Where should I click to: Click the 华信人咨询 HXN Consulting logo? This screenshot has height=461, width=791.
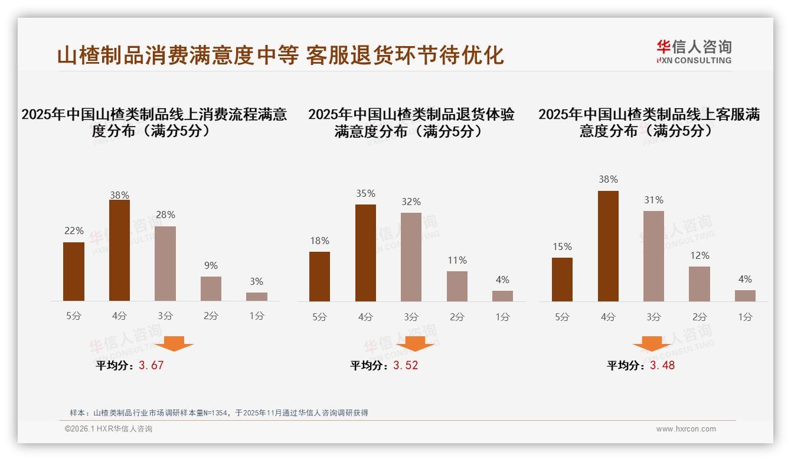[x=694, y=51]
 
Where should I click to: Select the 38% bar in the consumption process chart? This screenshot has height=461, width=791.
[x=119, y=250]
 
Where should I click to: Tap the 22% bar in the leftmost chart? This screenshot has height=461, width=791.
[x=74, y=271]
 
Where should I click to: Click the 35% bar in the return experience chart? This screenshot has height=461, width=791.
[x=365, y=252]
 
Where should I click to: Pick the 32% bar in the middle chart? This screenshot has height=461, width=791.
[x=411, y=257]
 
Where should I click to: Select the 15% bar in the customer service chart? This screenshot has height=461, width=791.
[x=562, y=279]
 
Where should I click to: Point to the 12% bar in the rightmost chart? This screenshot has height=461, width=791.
[x=700, y=284]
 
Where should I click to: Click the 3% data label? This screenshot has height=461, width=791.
[x=256, y=282]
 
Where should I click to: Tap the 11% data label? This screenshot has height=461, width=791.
[x=457, y=260]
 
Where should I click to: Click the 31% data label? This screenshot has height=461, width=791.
[x=653, y=200]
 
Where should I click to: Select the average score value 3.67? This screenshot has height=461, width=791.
[x=151, y=365]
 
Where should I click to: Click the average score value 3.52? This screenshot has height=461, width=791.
[x=406, y=365]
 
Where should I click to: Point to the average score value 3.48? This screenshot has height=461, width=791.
[x=662, y=365]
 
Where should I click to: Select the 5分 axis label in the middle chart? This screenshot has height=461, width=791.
[x=319, y=317]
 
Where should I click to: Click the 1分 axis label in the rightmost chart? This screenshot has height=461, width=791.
[x=745, y=317]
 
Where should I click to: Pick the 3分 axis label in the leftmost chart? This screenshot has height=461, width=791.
[x=165, y=316]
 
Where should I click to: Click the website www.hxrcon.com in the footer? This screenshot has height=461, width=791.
[x=686, y=429]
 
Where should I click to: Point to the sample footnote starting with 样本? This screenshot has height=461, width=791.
[x=218, y=413]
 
